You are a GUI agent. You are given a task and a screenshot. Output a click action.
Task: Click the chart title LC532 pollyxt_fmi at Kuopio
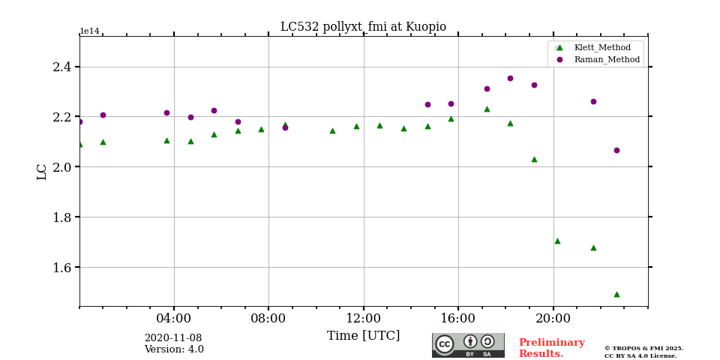click(363, 27)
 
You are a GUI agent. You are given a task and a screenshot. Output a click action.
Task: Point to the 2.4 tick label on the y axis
click(62, 67)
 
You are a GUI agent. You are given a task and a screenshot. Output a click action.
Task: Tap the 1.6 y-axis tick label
click(62, 267)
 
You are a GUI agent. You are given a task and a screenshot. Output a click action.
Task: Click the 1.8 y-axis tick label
click(62, 217)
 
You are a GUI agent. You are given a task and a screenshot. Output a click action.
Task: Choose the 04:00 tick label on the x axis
click(174, 318)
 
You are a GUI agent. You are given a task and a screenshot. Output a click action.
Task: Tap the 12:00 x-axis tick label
click(363, 318)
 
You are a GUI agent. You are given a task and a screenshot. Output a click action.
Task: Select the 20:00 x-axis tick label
click(553, 318)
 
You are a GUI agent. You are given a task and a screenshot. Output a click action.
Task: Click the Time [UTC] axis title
click(363, 336)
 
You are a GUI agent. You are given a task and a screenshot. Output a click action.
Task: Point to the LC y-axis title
click(42, 171)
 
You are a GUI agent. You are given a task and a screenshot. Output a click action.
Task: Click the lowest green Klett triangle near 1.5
click(616, 294)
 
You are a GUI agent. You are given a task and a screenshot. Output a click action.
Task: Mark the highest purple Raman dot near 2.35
click(510, 78)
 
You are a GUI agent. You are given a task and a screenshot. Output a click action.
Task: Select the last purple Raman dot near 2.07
click(616, 150)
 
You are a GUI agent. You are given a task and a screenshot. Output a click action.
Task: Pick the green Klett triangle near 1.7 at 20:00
click(557, 241)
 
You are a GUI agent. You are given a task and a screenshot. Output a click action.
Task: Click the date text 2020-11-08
click(173, 338)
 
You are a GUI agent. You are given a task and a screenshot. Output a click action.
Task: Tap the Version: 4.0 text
click(174, 349)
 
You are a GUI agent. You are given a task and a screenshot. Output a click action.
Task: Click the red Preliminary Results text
click(551, 348)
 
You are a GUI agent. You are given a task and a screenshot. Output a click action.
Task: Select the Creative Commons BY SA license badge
click(468, 345)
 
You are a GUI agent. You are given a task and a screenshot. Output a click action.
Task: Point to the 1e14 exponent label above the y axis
click(89, 31)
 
